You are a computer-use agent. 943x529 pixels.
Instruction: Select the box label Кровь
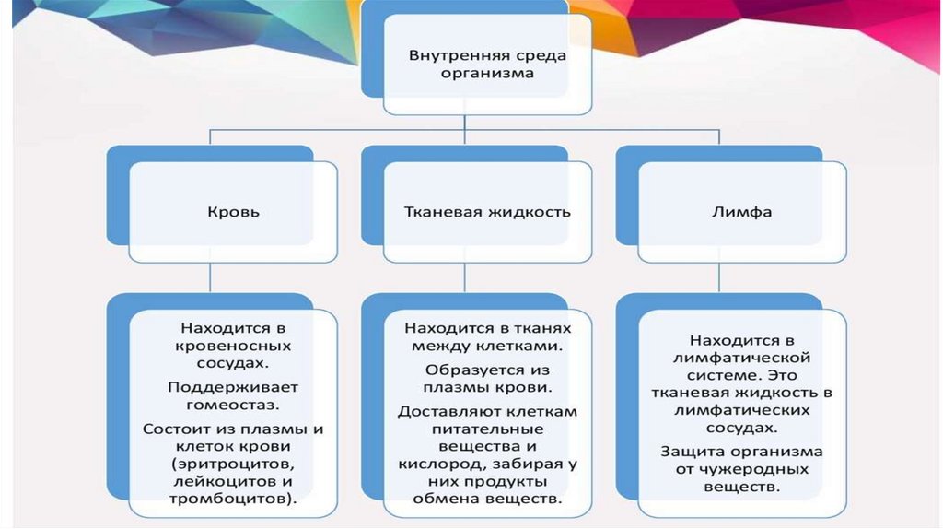pos(233,212)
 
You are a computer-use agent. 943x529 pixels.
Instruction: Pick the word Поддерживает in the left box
pos(233,386)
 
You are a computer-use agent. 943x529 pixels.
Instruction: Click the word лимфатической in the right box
pos(741,358)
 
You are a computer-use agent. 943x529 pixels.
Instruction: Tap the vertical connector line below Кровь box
pos(211,276)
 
